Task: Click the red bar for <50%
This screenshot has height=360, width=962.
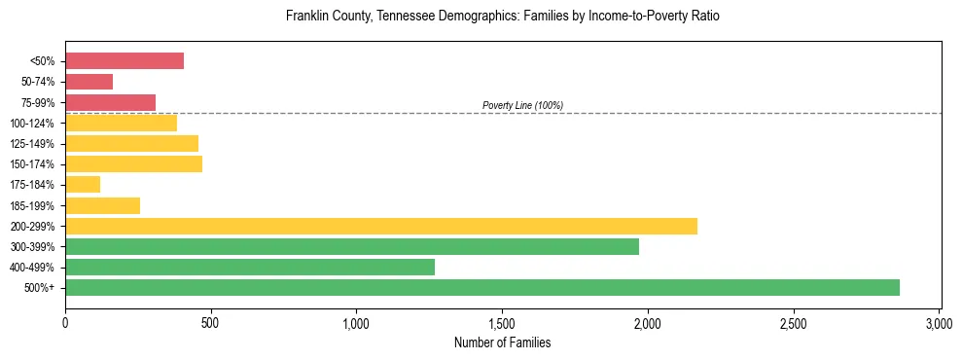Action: (x=125, y=61)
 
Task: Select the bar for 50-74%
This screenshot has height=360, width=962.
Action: (x=89, y=82)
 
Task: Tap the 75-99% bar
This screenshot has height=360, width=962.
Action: (x=110, y=102)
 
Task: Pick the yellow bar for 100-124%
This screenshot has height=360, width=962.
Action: (x=121, y=123)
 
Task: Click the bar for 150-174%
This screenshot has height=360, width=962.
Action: (x=133, y=163)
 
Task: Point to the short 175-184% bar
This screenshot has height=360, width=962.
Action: (x=83, y=184)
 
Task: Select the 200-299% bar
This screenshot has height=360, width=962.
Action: (x=381, y=226)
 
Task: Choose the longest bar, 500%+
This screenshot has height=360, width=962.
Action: (x=482, y=287)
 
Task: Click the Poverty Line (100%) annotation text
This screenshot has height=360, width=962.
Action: (x=522, y=105)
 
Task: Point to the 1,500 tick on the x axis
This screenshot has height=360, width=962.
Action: (x=502, y=322)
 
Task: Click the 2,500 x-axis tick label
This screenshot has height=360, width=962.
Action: (x=794, y=322)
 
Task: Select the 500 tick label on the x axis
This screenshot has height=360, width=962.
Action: (x=211, y=322)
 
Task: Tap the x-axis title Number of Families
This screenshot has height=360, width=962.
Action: (x=502, y=342)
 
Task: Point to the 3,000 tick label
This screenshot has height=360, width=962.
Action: (x=939, y=322)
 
